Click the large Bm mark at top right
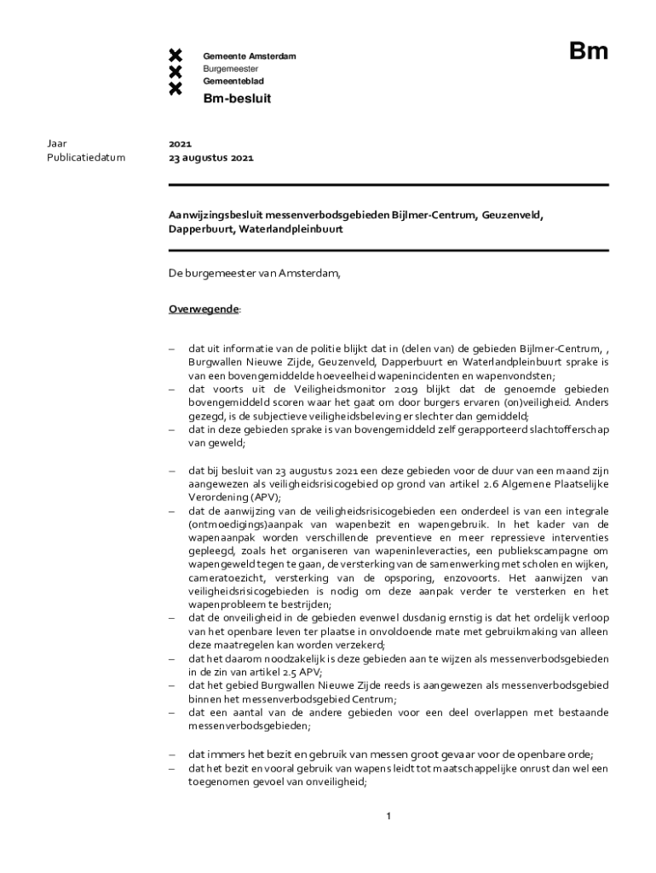click(x=589, y=52)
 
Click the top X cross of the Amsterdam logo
click(x=176, y=56)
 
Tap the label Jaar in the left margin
click(x=57, y=144)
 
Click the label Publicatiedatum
click(x=85, y=158)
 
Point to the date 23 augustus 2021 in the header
click(x=210, y=158)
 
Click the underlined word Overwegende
click(x=203, y=309)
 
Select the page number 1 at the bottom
click(x=388, y=817)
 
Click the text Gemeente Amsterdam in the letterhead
click(x=249, y=56)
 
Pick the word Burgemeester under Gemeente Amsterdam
click(x=231, y=68)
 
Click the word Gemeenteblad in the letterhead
click(x=233, y=81)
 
